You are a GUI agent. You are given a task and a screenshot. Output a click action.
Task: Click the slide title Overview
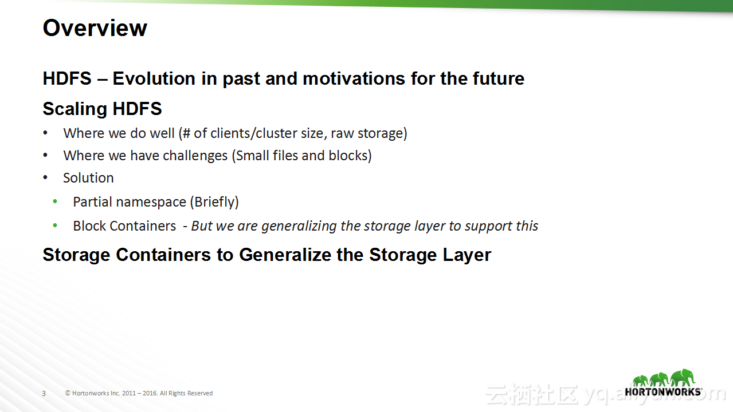tap(95, 28)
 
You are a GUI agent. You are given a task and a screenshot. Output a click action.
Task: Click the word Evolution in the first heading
tap(154, 79)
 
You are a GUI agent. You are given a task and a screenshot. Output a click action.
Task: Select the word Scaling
tap(75, 109)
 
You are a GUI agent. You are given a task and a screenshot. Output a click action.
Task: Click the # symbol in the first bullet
tap(186, 133)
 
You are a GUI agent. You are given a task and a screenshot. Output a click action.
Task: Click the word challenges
tap(195, 156)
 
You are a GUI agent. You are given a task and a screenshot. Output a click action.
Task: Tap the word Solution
tap(88, 178)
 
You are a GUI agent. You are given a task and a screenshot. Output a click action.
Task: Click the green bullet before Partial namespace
tap(55, 201)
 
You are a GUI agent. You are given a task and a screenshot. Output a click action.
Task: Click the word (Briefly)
tap(215, 202)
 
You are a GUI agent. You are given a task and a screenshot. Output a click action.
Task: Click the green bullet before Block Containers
tap(55, 225)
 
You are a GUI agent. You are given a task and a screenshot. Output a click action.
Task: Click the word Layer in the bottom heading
tap(467, 255)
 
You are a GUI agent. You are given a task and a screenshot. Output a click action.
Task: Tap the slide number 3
tap(44, 394)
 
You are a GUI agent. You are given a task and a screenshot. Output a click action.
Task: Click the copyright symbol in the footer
tap(68, 393)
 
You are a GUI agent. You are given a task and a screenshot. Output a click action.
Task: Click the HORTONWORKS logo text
tap(663, 392)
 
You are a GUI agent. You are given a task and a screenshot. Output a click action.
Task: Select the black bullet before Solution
tap(45, 178)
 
